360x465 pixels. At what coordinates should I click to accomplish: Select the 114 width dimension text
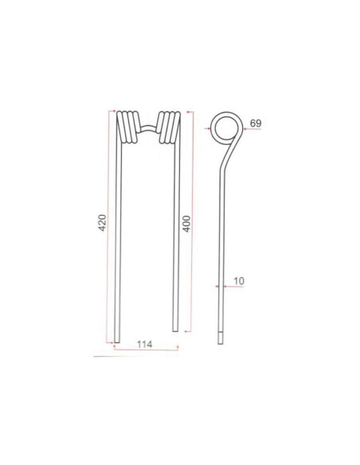(x=144, y=344)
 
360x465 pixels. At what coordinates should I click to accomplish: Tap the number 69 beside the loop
(x=256, y=123)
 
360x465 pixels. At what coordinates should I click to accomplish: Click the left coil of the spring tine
(x=126, y=128)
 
